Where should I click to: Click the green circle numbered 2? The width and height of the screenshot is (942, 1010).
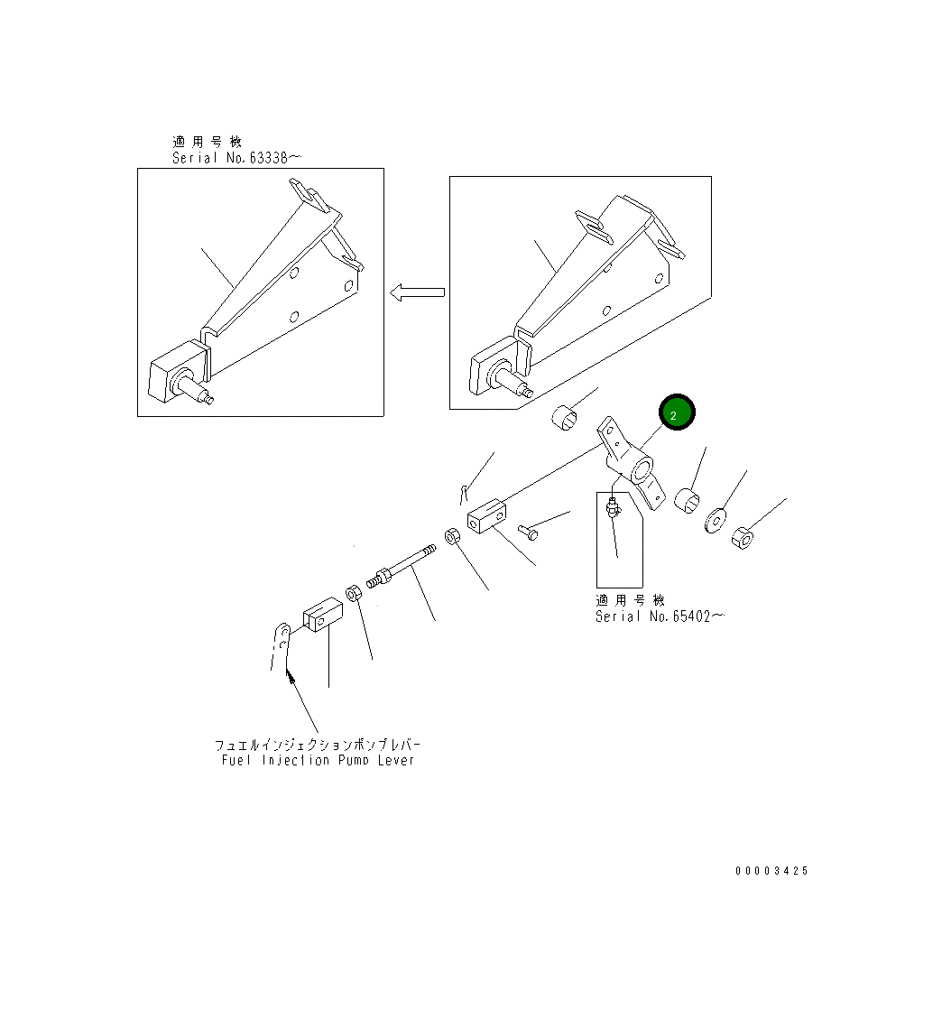(x=677, y=412)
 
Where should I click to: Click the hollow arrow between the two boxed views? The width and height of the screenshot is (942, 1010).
(x=418, y=292)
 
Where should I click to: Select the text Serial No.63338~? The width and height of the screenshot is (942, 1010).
(x=236, y=158)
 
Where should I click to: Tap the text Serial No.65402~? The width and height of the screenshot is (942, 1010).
(x=659, y=616)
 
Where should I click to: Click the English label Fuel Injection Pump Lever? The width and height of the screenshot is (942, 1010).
(x=319, y=760)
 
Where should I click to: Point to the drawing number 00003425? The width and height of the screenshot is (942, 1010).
(x=771, y=871)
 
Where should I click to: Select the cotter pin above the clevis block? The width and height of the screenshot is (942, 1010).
(x=463, y=493)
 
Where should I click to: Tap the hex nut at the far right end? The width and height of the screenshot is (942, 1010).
(x=743, y=539)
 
